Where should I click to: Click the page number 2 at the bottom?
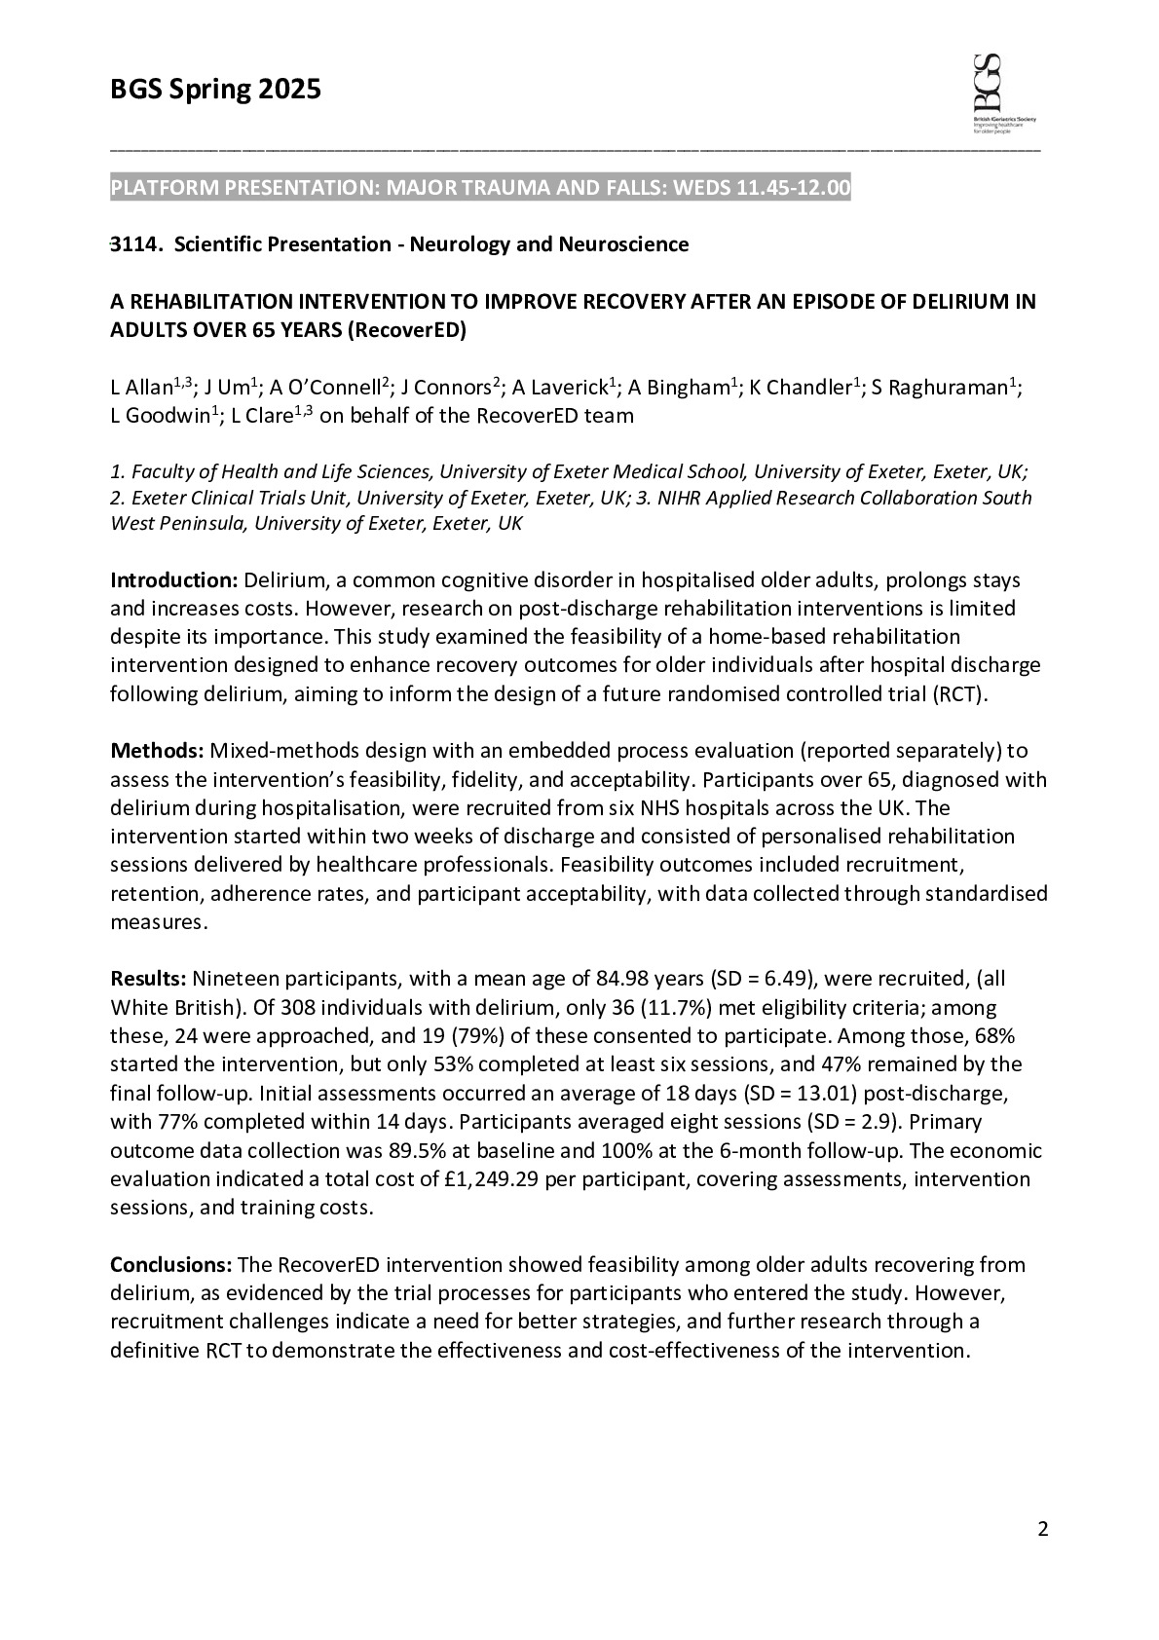tap(1043, 1530)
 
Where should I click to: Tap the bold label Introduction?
tap(173, 580)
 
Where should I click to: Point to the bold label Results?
tap(148, 979)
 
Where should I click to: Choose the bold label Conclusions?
tap(170, 1265)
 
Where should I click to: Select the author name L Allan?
tap(140, 388)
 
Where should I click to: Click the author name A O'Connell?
tap(324, 388)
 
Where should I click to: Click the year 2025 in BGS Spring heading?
tap(289, 91)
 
